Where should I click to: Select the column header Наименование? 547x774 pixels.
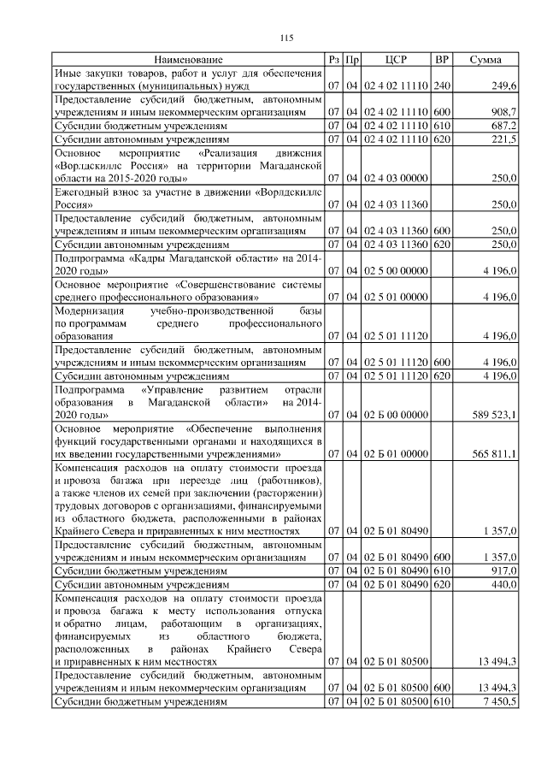coord(189,60)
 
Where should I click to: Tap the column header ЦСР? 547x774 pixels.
coord(396,60)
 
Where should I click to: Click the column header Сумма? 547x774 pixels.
coord(486,60)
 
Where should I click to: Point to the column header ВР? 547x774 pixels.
coord(442,60)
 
